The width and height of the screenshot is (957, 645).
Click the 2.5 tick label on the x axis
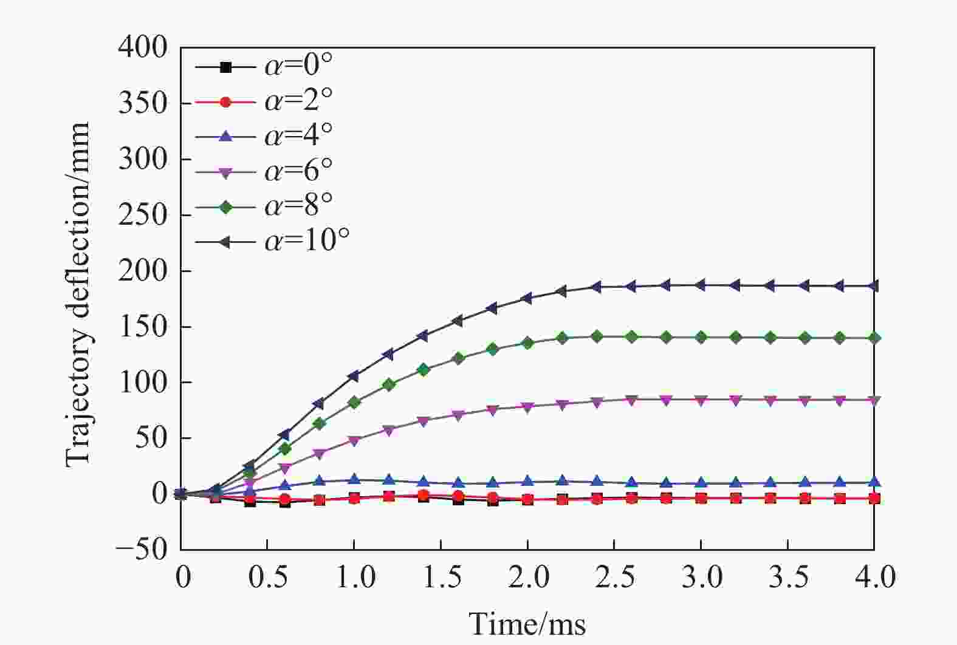tap(614, 577)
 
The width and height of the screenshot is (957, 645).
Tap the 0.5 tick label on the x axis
tap(268, 577)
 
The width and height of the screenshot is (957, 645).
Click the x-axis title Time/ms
tap(527, 624)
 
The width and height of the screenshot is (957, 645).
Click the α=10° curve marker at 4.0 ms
tap(874, 286)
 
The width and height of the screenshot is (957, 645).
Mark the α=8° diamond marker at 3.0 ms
tap(701, 337)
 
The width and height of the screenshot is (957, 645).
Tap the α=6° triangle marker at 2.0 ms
tap(527, 407)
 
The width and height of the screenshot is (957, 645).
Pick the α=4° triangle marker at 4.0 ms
tap(874, 482)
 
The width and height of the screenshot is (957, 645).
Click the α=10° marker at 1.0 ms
tap(354, 376)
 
